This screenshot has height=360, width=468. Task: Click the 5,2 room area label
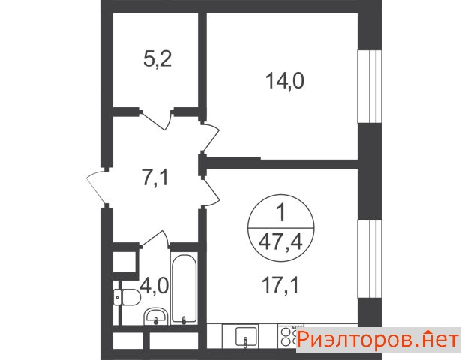click(x=157, y=60)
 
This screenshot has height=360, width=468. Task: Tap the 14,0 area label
click(x=285, y=81)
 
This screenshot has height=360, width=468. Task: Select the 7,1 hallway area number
click(x=155, y=178)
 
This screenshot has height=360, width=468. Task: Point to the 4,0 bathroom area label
click(x=154, y=285)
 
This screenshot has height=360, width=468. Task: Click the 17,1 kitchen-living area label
click(x=280, y=285)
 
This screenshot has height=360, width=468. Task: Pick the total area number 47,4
click(x=280, y=242)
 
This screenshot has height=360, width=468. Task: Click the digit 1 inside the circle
click(x=281, y=214)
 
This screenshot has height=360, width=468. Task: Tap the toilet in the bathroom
click(x=127, y=297)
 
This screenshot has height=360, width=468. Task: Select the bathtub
click(x=184, y=289)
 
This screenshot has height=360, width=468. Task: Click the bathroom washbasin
click(x=155, y=316)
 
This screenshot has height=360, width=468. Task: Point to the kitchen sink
click(x=246, y=337)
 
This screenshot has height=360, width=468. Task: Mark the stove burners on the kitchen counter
click(x=288, y=336)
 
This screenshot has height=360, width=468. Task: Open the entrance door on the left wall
click(x=95, y=187)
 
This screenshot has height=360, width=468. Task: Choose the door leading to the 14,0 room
click(x=211, y=136)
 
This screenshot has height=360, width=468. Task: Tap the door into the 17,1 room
click(x=211, y=192)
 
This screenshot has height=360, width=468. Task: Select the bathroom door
click(x=155, y=238)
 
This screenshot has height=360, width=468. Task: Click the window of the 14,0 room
click(x=370, y=86)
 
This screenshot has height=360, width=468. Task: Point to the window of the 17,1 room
click(x=370, y=259)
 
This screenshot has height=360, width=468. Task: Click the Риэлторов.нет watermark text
click(x=378, y=340)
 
